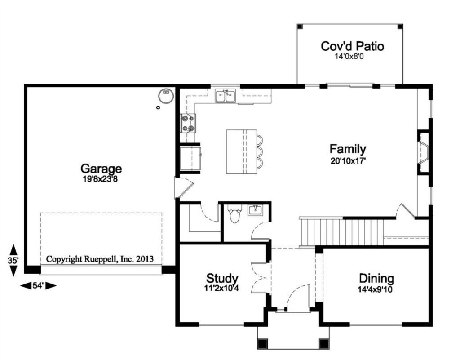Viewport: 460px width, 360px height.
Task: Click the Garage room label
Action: pyautogui.click(x=101, y=169)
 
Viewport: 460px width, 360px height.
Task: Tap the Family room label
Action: pyautogui.click(x=348, y=149)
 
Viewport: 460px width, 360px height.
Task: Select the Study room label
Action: pyautogui.click(x=222, y=278)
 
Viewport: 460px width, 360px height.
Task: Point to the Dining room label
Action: pyautogui.click(x=376, y=278)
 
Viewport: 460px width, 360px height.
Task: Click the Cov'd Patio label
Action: pyautogui.click(x=352, y=46)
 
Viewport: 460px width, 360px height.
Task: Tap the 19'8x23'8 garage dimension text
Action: pyautogui.click(x=100, y=179)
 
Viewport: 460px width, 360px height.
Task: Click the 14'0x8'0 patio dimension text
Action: pyautogui.click(x=349, y=56)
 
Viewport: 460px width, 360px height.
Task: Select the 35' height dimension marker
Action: pyautogui.click(x=13, y=261)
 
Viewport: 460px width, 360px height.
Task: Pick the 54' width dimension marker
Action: pyautogui.click(x=38, y=285)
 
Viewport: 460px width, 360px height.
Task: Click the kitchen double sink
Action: pyautogui.click(x=225, y=96)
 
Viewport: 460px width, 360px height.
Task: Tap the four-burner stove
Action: pyautogui.click(x=188, y=123)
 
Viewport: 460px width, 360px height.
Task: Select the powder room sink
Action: pyautogui.click(x=256, y=210)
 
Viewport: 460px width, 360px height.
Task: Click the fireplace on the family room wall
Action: pyautogui.click(x=423, y=152)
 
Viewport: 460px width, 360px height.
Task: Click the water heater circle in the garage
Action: pyautogui.click(x=166, y=95)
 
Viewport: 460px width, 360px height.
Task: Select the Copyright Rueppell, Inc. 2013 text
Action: pyautogui.click(x=100, y=259)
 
